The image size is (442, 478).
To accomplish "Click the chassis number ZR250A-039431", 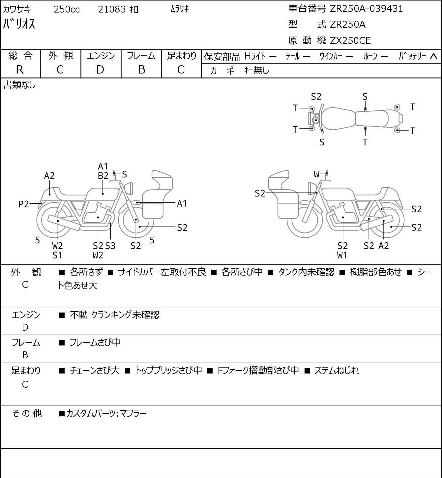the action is coord(366,9).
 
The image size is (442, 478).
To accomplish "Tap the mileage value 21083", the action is coord(112,9).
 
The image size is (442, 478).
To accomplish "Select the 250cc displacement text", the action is coord(67,9).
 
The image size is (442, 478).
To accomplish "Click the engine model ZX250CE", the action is coord(350,41).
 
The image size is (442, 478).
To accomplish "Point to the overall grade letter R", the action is coord(20,70).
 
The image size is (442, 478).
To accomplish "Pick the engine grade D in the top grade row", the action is coord(100,70).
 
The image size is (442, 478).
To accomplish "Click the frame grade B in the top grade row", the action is coord(141,70).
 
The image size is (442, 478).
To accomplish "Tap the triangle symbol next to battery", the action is coord(433,56).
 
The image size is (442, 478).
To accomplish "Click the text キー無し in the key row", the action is coord(257,70).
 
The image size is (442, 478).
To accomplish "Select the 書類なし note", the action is coord(19,85).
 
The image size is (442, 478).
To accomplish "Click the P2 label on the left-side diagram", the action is coord(24,204).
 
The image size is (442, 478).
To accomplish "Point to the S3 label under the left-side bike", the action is coord(110,246).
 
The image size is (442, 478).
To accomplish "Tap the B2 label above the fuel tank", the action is coord(103,176).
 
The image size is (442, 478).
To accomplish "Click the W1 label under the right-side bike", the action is coord(342,255).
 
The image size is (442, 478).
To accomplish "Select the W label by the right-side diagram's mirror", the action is coord(316,174).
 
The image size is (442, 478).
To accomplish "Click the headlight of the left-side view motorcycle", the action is coord(130,188).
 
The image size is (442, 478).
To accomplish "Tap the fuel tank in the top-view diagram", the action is coord(338,119).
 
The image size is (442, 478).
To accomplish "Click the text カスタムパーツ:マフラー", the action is coord(106,413).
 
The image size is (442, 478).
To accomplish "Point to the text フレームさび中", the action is coord(95,343).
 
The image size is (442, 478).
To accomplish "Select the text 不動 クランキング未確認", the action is coord(115,315).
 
